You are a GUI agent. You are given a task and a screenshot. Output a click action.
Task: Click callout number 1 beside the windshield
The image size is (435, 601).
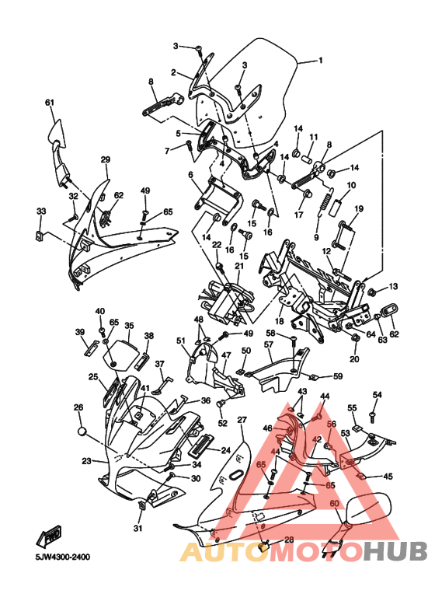click(x=321, y=60)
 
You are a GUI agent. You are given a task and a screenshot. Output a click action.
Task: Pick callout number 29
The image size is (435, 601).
click(x=106, y=159)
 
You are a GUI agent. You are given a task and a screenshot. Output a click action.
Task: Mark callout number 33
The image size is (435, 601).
click(x=41, y=211)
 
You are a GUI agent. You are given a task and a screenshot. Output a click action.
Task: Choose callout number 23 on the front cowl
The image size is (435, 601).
click(x=86, y=461)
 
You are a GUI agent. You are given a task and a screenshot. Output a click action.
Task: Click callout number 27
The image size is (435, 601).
click(x=242, y=420)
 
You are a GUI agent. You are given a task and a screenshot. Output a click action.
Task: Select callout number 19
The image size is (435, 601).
click(x=360, y=209)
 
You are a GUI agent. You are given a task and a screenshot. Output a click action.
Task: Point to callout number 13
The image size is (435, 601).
click(x=393, y=287)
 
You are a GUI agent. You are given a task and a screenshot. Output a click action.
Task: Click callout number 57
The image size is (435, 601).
click(x=268, y=344)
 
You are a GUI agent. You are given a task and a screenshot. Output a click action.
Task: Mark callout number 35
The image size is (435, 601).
click(x=129, y=326)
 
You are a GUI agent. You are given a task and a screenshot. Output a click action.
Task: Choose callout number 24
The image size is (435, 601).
click(x=226, y=449)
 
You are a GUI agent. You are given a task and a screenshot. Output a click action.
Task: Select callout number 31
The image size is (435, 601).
click(x=137, y=529)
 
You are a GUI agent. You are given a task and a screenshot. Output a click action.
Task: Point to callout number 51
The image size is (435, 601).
click(x=181, y=341)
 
